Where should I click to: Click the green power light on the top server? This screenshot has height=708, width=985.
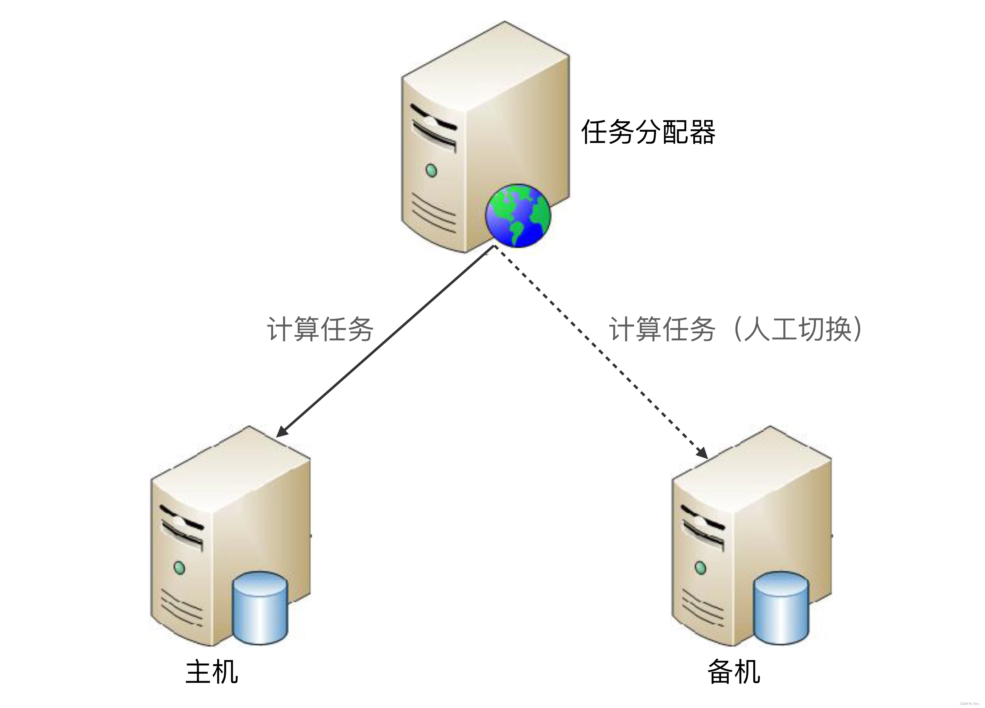coord(431,170)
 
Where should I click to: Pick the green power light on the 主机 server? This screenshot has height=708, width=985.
coord(179,567)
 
